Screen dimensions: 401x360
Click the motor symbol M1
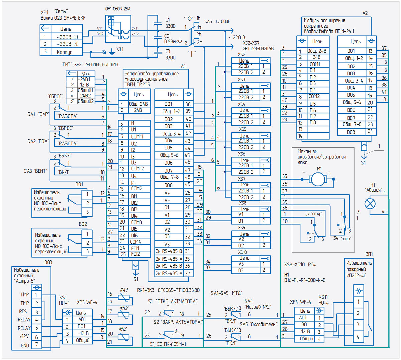(x=318, y=179)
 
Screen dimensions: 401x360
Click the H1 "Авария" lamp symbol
(x=370, y=204)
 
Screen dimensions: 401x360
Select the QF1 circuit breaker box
(x=118, y=29)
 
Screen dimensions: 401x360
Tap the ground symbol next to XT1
(x=112, y=52)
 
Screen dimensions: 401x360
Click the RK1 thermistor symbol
(x=124, y=297)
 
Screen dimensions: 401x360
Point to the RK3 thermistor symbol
(x=124, y=337)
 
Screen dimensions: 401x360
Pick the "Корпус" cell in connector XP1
(x=67, y=52)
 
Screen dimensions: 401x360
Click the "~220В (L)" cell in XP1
(x=67, y=37)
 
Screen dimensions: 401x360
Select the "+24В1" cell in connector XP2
(x=86, y=79)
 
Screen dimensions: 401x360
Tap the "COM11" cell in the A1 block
(x=139, y=136)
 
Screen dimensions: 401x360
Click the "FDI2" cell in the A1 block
(x=139, y=254)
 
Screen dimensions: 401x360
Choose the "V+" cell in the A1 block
(x=169, y=193)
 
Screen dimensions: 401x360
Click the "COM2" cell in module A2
(x=318, y=96)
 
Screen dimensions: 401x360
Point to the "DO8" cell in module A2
(x=352, y=132)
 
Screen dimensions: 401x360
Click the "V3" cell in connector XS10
(x=246, y=264)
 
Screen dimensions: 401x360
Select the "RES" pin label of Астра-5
(x=23, y=311)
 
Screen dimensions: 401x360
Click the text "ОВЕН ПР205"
(x=137, y=85)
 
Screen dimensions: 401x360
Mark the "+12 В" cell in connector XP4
(x=305, y=332)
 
